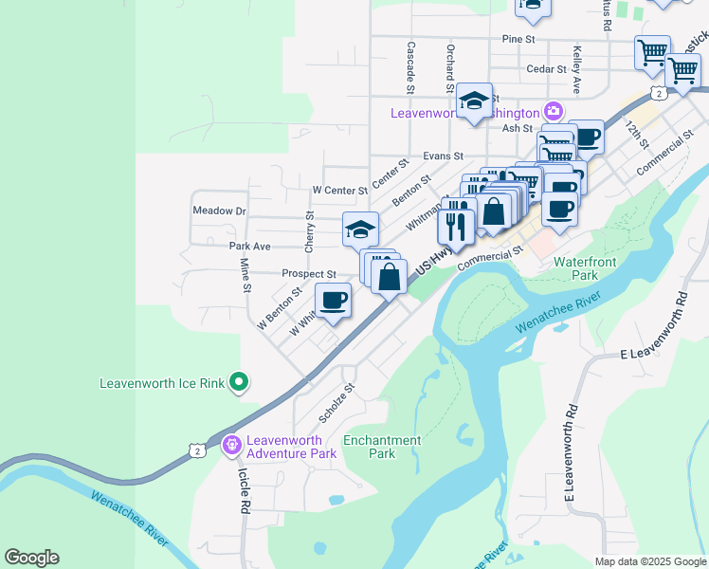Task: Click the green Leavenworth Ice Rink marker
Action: coord(240,382)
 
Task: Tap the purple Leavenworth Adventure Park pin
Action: coord(230,444)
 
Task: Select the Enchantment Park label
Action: coord(381,447)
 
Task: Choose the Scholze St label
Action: coord(336,403)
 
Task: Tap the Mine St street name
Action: coord(245,275)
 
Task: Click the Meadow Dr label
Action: coord(219,211)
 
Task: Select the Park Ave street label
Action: coord(250,246)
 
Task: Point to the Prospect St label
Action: coord(309,273)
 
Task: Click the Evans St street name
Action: coord(443,156)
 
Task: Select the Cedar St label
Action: coord(546,69)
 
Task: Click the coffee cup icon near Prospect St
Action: coord(332,302)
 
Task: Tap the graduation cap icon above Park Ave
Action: coord(360,229)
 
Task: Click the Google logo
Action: coord(31,558)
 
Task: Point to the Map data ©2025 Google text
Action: coord(649,561)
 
